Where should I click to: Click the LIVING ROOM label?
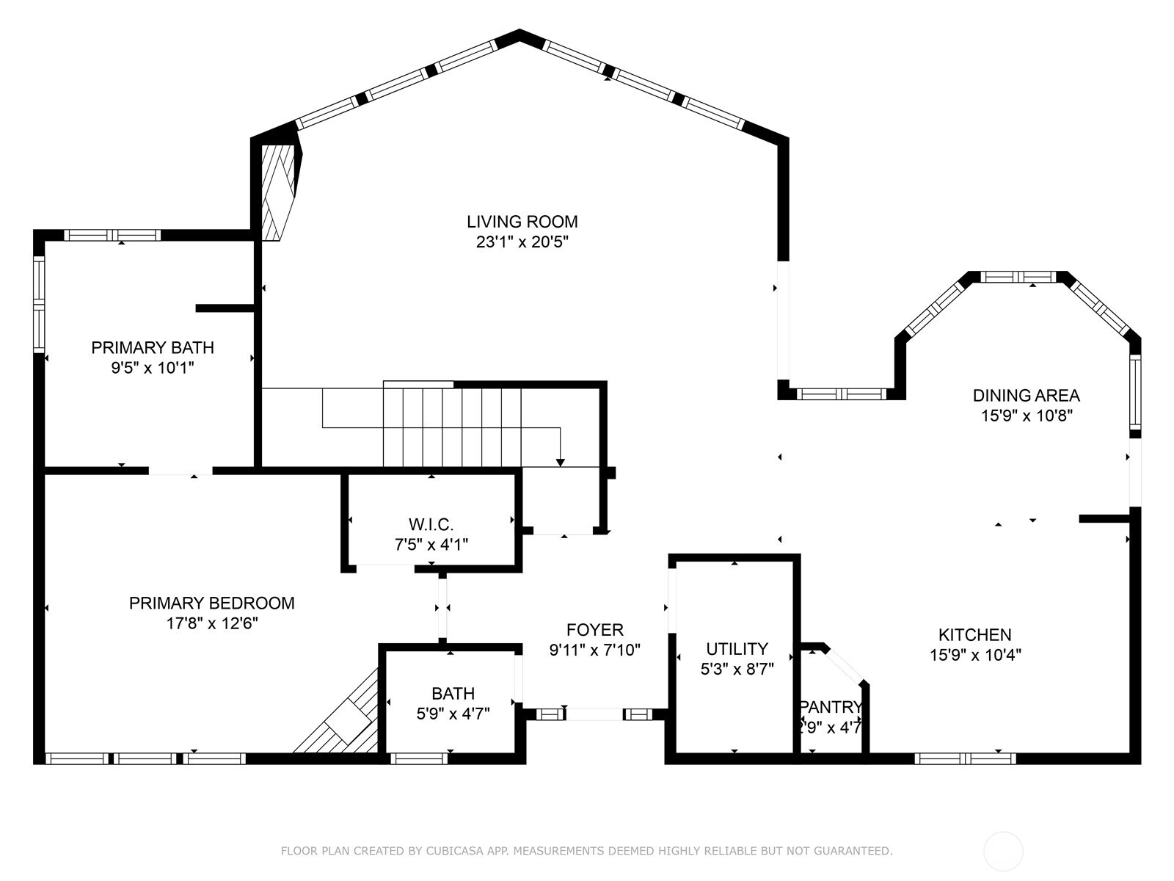coord(522,221)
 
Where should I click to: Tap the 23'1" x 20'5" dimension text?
coord(522,242)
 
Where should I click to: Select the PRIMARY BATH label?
coord(153,347)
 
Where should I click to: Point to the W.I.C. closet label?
coord(431,524)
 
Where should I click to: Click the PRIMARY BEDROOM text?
coord(211,603)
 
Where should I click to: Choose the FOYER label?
coord(594,629)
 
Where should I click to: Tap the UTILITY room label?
coord(737,648)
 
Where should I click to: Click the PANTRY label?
coord(831,707)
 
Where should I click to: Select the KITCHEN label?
coord(974,634)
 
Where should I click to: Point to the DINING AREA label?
coord(1026,395)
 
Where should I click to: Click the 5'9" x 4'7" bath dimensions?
coord(453,713)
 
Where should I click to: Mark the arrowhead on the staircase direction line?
coord(561,462)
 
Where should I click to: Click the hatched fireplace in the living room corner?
coord(278,191)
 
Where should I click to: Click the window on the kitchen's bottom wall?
coord(965,758)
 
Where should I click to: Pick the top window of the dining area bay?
coord(1018,277)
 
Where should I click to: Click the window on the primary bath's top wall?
coord(112,235)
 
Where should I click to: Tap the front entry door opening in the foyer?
coord(594,714)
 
